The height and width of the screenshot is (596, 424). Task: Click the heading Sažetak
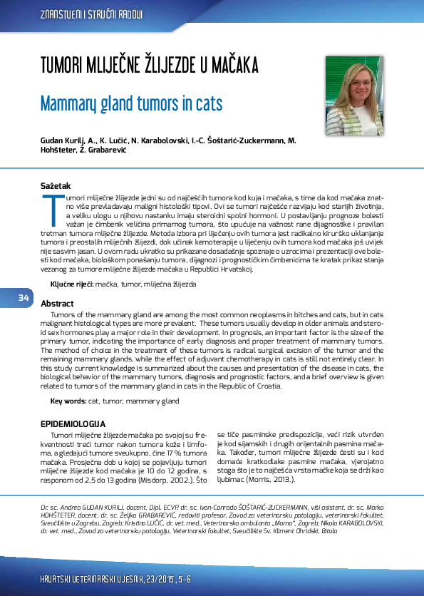pos(56,186)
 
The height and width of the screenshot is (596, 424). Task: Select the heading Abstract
pos(57,303)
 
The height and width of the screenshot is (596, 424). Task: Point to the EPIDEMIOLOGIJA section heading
pos(73,424)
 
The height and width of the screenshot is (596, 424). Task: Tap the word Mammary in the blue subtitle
pos(68,104)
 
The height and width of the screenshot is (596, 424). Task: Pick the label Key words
pos(68,402)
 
